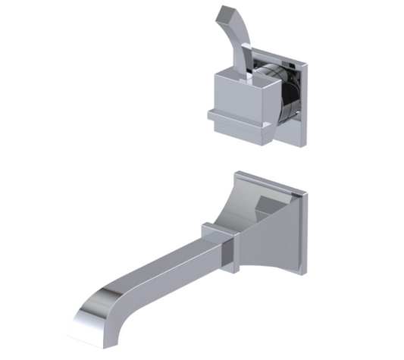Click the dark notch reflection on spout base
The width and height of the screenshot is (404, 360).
[x=271, y=205]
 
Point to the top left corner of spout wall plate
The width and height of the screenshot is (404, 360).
[x=236, y=174]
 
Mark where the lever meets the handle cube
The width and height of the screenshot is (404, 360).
[x=250, y=70]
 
